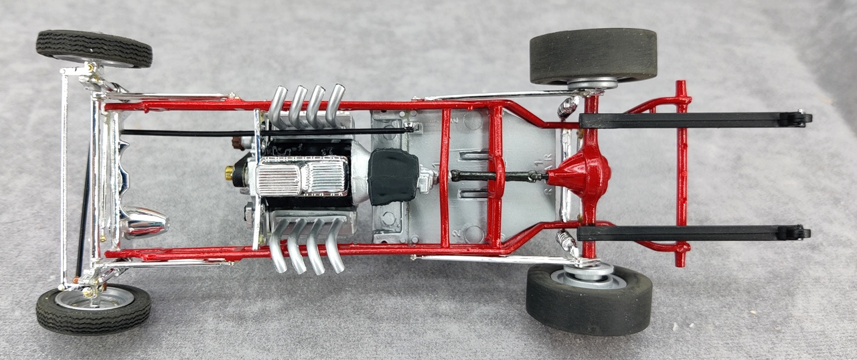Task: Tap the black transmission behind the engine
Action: (394, 176)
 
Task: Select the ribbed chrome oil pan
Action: (301, 177)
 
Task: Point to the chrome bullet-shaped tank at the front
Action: (144, 221)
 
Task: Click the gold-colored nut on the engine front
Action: (230, 173)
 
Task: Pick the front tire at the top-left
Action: (94, 48)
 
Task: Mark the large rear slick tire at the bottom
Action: (589, 300)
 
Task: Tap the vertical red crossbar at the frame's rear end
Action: (682, 174)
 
